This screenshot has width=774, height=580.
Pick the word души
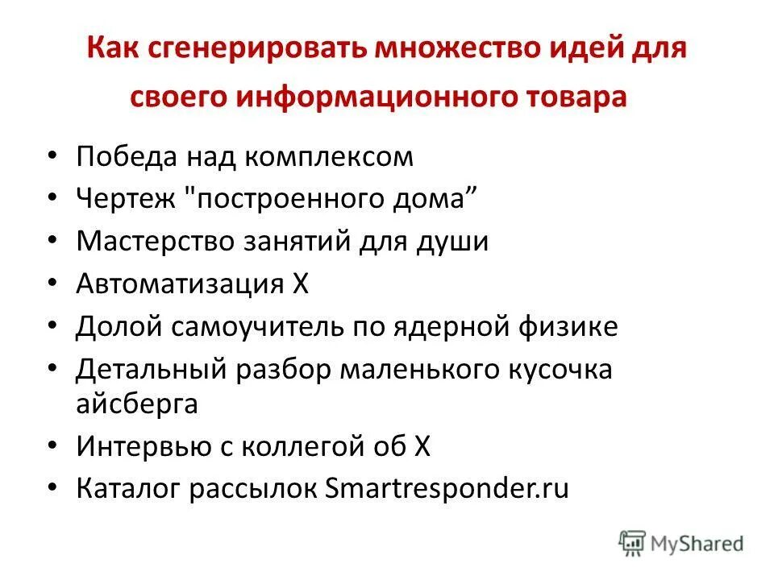pos(457,241)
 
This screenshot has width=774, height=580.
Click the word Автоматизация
pos(179,284)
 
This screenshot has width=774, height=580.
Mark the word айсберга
pos(137,404)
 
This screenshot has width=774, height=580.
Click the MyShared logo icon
pos(633,544)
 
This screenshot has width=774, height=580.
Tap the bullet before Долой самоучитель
pos(53,326)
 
